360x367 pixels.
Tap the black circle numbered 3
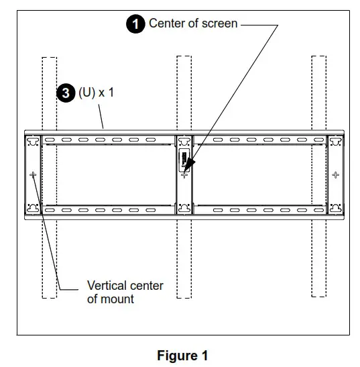(66, 93)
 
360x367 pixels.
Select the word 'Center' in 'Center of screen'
(168, 24)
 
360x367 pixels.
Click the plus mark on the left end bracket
(33, 174)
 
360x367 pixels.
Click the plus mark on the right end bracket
(335, 174)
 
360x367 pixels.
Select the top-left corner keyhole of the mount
(32, 142)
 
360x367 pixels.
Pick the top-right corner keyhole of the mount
(335, 142)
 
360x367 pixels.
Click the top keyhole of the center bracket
(184, 142)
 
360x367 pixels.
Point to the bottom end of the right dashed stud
(318, 295)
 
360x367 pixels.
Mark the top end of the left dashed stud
(49, 58)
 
